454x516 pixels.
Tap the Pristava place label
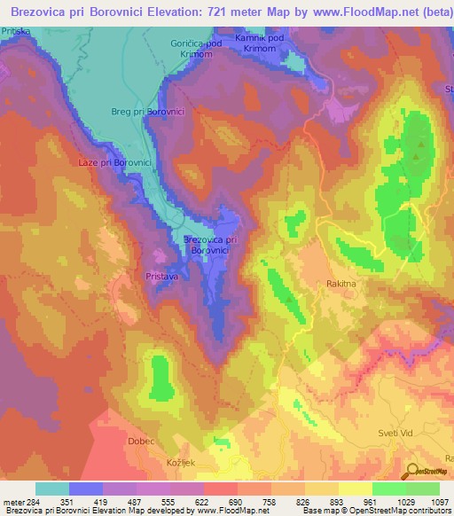(x=162, y=277)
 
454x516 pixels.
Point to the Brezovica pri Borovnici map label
(x=210, y=245)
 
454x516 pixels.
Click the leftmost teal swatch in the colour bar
(x=52, y=489)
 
